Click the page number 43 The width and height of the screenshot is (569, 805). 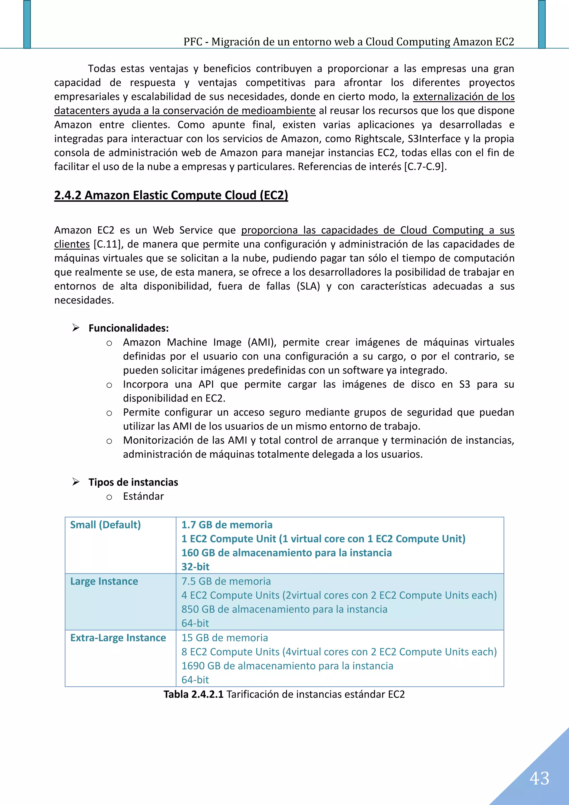(539, 779)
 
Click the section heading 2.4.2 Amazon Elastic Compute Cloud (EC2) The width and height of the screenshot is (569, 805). (171, 195)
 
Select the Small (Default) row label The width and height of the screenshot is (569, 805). (105, 525)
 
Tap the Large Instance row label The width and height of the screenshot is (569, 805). (104, 581)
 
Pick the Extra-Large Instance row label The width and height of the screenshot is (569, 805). (118, 638)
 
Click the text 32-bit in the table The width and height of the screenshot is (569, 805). (195, 567)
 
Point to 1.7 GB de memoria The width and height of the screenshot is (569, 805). (227, 525)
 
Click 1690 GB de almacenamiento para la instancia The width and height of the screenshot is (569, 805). (287, 666)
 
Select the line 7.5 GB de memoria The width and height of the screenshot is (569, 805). (226, 581)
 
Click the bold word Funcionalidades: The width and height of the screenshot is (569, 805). (129, 328)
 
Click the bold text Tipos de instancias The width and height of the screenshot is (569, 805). (133, 482)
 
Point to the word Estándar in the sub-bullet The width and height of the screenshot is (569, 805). (143, 497)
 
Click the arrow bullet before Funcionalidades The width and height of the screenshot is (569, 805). (76, 328)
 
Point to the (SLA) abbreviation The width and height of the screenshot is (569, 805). (308, 286)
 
